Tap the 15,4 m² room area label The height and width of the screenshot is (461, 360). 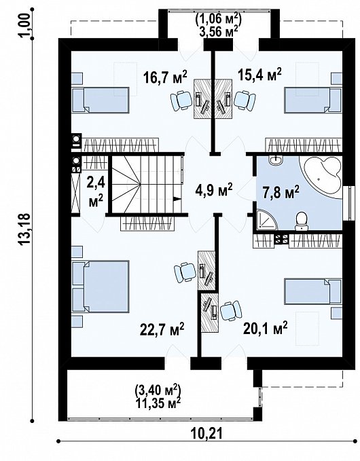pos(259,73)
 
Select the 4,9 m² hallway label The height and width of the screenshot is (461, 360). pos(213,188)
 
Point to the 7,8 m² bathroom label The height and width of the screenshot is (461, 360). pos(281,193)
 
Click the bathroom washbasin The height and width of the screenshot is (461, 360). pos(274,161)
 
